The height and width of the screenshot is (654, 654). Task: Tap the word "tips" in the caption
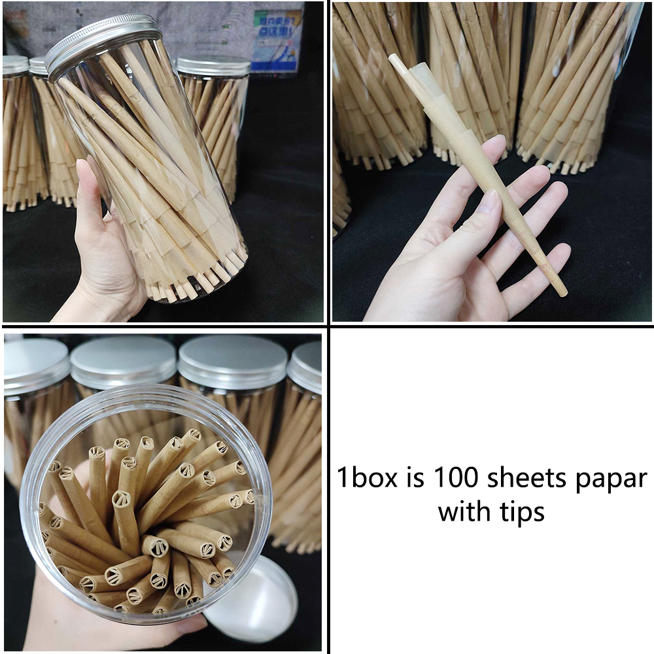coord(520,511)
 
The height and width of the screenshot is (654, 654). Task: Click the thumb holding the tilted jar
coord(89,190)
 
